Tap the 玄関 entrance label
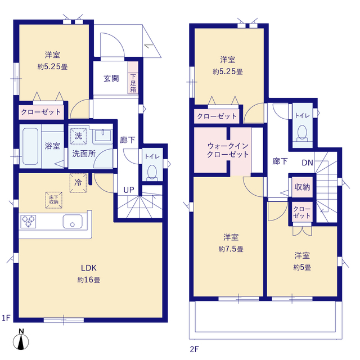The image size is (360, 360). (x=111, y=79)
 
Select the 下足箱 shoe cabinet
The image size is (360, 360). (x=133, y=78)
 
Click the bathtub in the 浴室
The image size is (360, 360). (x=30, y=146)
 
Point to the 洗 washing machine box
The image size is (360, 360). (x=78, y=136)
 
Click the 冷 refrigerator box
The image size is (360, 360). (x=78, y=183)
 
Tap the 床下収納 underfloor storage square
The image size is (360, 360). (x=54, y=200)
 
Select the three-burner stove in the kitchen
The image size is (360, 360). (x=28, y=221)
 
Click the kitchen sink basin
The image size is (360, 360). (x=73, y=222)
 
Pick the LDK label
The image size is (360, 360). (x=89, y=268)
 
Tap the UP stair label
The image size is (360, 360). (x=129, y=190)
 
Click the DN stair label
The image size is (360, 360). (x=308, y=163)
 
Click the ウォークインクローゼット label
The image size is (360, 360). (x=228, y=150)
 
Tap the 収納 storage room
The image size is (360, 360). (x=302, y=187)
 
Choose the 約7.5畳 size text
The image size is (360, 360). (x=231, y=249)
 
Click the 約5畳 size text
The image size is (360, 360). (x=302, y=268)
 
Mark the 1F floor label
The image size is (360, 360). (x=6, y=318)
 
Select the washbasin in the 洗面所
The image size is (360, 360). (x=103, y=136)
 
